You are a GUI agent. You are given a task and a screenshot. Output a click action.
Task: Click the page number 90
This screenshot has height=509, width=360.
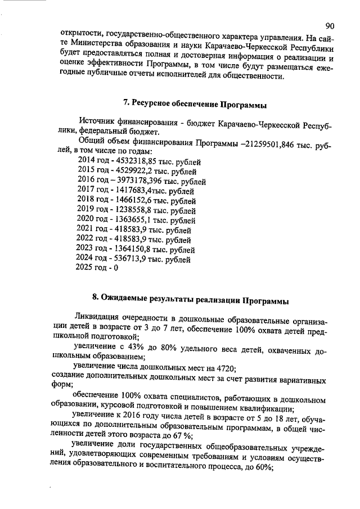click(x=330, y=25)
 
